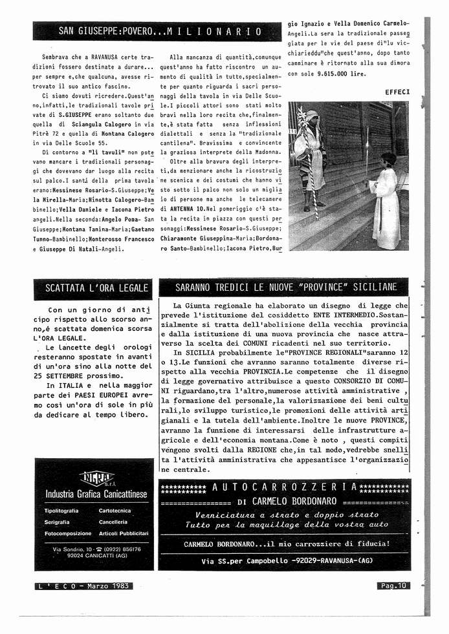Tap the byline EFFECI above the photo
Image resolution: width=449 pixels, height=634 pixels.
click(x=397, y=92)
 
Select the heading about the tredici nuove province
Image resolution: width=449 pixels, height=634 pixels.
click(x=286, y=287)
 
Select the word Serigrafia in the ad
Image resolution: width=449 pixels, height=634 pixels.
click(x=58, y=522)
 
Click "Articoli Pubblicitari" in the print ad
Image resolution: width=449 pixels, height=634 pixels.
click(x=124, y=533)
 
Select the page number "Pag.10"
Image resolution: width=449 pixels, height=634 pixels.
click(x=393, y=586)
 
